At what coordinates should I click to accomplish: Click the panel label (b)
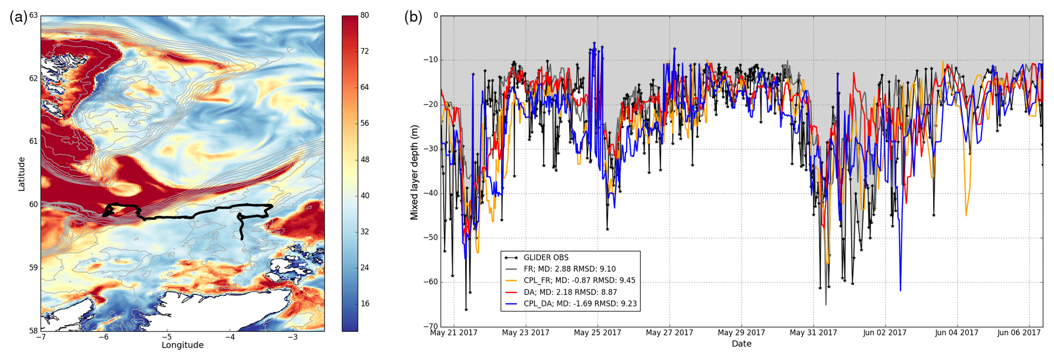click(x=413, y=17)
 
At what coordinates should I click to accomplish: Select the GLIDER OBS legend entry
click(x=546, y=258)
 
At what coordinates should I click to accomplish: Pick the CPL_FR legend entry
click(x=579, y=280)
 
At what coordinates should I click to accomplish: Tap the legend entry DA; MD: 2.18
click(x=570, y=292)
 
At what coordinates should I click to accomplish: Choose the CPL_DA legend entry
click(x=580, y=304)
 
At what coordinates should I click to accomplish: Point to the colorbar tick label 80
click(x=365, y=16)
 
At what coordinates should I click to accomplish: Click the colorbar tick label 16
click(x=365, y=304)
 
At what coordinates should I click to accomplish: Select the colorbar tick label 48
click(x=365, y=160)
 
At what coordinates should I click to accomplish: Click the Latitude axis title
click(x=21, y=174)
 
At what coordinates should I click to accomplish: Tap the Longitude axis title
click(x=183, y=345)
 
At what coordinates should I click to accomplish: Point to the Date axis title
click(x=741, y=344)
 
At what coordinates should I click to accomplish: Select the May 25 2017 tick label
click(x=598, y=333)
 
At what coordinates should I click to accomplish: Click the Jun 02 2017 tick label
click(x=885, y=333)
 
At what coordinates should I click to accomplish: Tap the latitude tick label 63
click(x=33, y=16)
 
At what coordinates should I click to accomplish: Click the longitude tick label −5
click(x=166, y=337)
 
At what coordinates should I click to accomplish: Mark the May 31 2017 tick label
click(x=813, y=333)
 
